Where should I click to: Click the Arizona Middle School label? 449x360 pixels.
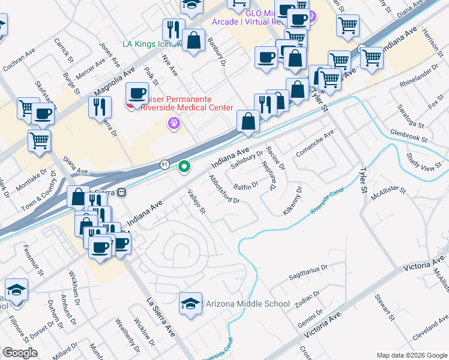(x=247, y=304)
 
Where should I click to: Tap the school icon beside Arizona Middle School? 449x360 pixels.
(x=190, y=304)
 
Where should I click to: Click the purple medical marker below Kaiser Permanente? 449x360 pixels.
(x=174, y=124)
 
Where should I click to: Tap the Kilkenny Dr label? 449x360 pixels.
(x=292, y=200)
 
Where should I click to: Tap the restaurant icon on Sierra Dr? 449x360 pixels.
(x=100, y=107)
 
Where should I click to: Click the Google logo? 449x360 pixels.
(x=20, y=353)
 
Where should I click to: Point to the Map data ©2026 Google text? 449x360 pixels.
(x=411, y=355)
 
